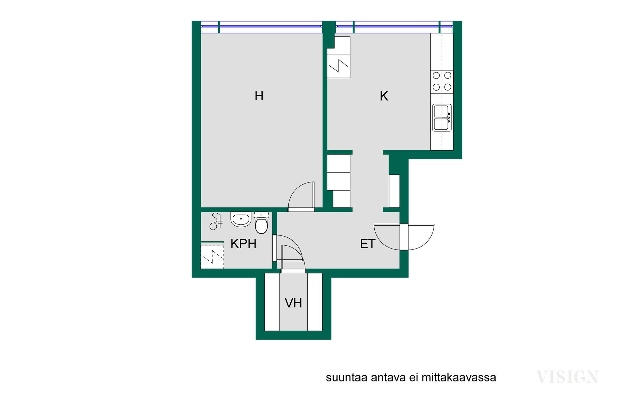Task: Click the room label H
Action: pos(259,96)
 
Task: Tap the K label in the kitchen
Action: pos(384,96)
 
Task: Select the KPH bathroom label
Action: pos(243,244)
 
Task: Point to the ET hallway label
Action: pos(368,244)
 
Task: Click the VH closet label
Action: pos(293,303)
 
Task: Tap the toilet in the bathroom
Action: pos(261,222)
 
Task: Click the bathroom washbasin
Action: pos(241,219)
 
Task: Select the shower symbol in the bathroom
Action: pos(216,221)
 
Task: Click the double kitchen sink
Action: pos(442,117)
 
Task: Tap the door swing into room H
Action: pos(301,196)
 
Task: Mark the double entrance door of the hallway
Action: pos(404,237)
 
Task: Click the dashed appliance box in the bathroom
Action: pos(212,257)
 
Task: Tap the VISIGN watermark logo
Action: pos(567,377)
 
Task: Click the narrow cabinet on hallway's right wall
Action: pos(394,191)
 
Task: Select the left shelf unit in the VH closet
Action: pos(272,302)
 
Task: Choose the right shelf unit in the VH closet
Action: pos(315,302)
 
